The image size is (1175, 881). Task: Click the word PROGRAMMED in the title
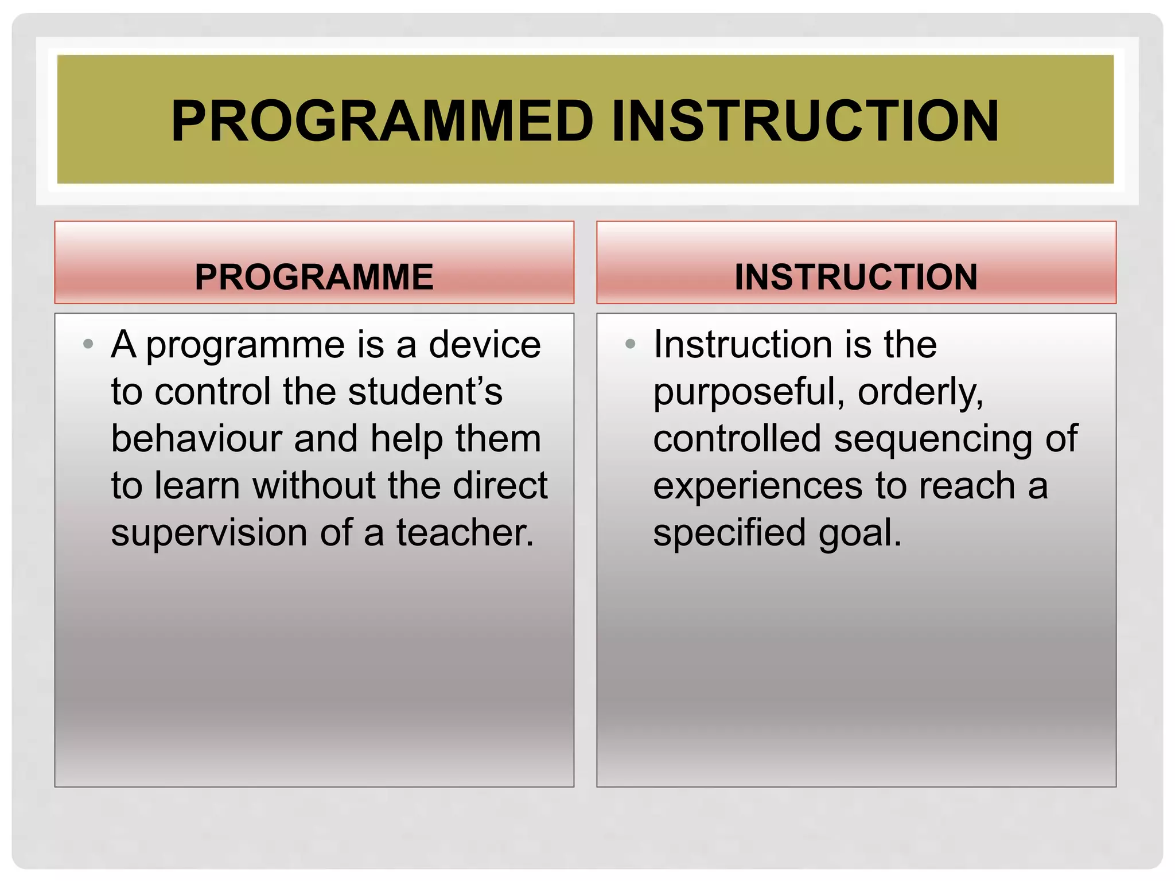382,121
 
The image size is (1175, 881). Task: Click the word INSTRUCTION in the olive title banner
805,121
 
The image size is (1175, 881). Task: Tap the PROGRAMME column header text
314,277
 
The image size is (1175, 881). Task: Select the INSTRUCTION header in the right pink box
856,277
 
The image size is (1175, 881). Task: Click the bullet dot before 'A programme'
88,344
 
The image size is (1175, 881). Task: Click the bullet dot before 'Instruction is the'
630,344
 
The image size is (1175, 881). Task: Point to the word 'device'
485,345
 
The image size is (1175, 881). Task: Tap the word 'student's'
425,392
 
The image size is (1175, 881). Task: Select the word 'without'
314,486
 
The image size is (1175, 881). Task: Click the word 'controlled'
737,439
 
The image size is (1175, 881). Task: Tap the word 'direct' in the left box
500,486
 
